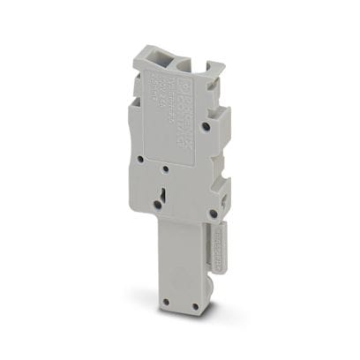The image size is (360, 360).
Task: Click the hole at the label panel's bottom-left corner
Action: coord(145,161)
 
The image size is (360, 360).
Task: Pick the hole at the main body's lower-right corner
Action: coord(214,213)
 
